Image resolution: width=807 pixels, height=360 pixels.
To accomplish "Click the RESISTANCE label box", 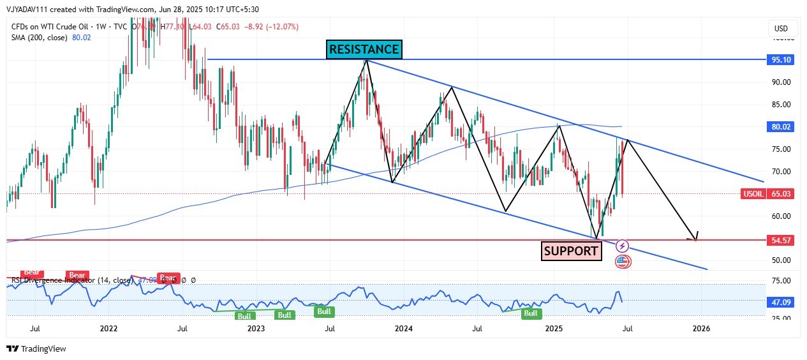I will pyautogui.click(x=364, y=49).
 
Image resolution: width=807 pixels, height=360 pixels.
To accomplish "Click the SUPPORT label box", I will pyautogui.click(x=572, y=251).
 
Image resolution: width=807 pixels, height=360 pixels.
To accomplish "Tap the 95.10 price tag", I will pyautogui.click(x=781, y=59).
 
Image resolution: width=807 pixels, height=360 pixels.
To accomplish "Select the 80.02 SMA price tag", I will pyautogui.click(x=781, y=127).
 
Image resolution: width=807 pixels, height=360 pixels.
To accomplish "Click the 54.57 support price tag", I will pyautogui.click(x=781, y=240).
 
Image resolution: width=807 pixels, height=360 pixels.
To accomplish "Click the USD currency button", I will pyautogui.click(x=781, y=29).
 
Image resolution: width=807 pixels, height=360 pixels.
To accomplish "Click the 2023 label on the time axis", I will pyautogui.click(x=256, y=329).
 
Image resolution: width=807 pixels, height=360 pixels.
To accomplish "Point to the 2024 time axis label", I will pyautogui.click(x=403, y=329).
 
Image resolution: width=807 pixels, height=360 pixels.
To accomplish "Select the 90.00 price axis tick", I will pyautogui.click(x=781, y=82).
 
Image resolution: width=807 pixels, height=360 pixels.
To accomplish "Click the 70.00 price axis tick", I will pyautogui.click(x=781, y=172).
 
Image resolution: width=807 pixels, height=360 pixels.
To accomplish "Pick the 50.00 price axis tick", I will pyautogui.click(x=781, y=260).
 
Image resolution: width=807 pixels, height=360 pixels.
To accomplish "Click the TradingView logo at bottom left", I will pyautogui.click(x=36, y=349).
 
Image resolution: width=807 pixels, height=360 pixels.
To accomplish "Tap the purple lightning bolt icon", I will pyautogui.click(x=623, y=246).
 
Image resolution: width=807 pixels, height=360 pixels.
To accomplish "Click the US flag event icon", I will pyautogui.click(x=623, y=260).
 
